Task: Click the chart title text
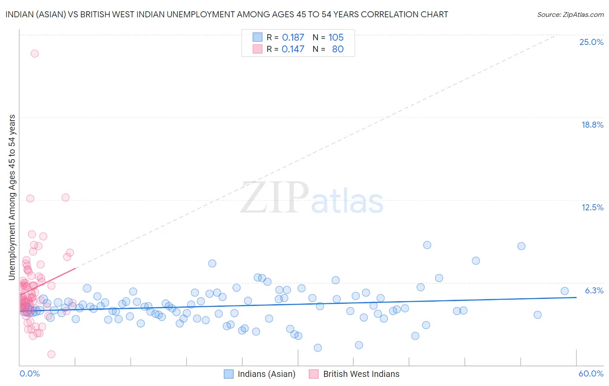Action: coord(227,14)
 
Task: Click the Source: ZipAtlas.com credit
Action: coord(570,14)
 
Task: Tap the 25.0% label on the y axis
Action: coord(591,42)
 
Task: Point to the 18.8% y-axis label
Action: coord(592,125)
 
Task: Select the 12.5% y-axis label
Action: coord(592,207)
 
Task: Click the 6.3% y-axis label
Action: coord(594,290)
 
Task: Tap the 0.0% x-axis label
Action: coord(29,373)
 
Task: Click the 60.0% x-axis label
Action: coord(591,373)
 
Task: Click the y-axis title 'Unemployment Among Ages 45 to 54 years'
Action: coord(12,197)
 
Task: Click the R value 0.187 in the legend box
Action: coord(293,38)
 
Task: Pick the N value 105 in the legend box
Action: coord(336,38)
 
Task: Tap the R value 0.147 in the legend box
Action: coord(293,49)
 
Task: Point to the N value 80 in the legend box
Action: coord(337,49)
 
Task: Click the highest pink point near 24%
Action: coord(34,54)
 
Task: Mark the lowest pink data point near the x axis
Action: coord(51,354)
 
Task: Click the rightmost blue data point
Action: coord(564,291)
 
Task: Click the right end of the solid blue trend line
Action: coord(576,297)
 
